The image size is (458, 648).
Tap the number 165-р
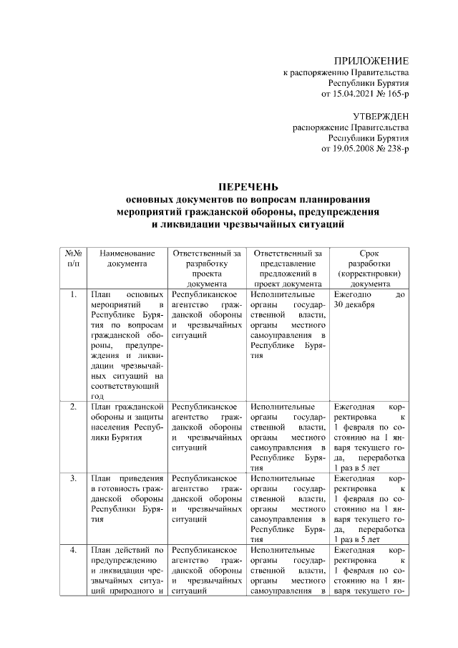tap(396, 94)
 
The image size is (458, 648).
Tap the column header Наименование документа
tap(127, 258)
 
